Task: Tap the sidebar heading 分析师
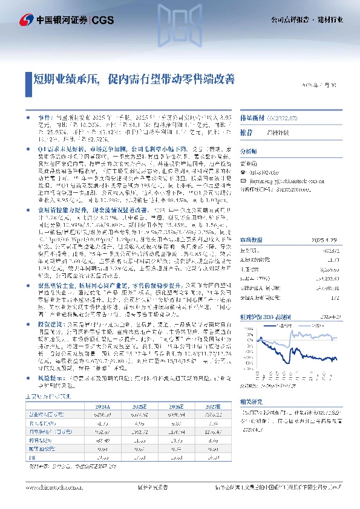pyautogui.click(x=249, y=151)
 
